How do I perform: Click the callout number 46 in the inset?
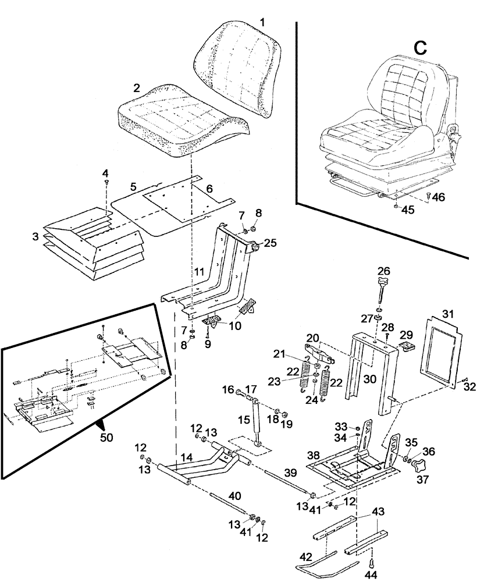point(438,197)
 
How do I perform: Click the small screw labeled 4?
point(106,183)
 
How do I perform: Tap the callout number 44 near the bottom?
point(372,574)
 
